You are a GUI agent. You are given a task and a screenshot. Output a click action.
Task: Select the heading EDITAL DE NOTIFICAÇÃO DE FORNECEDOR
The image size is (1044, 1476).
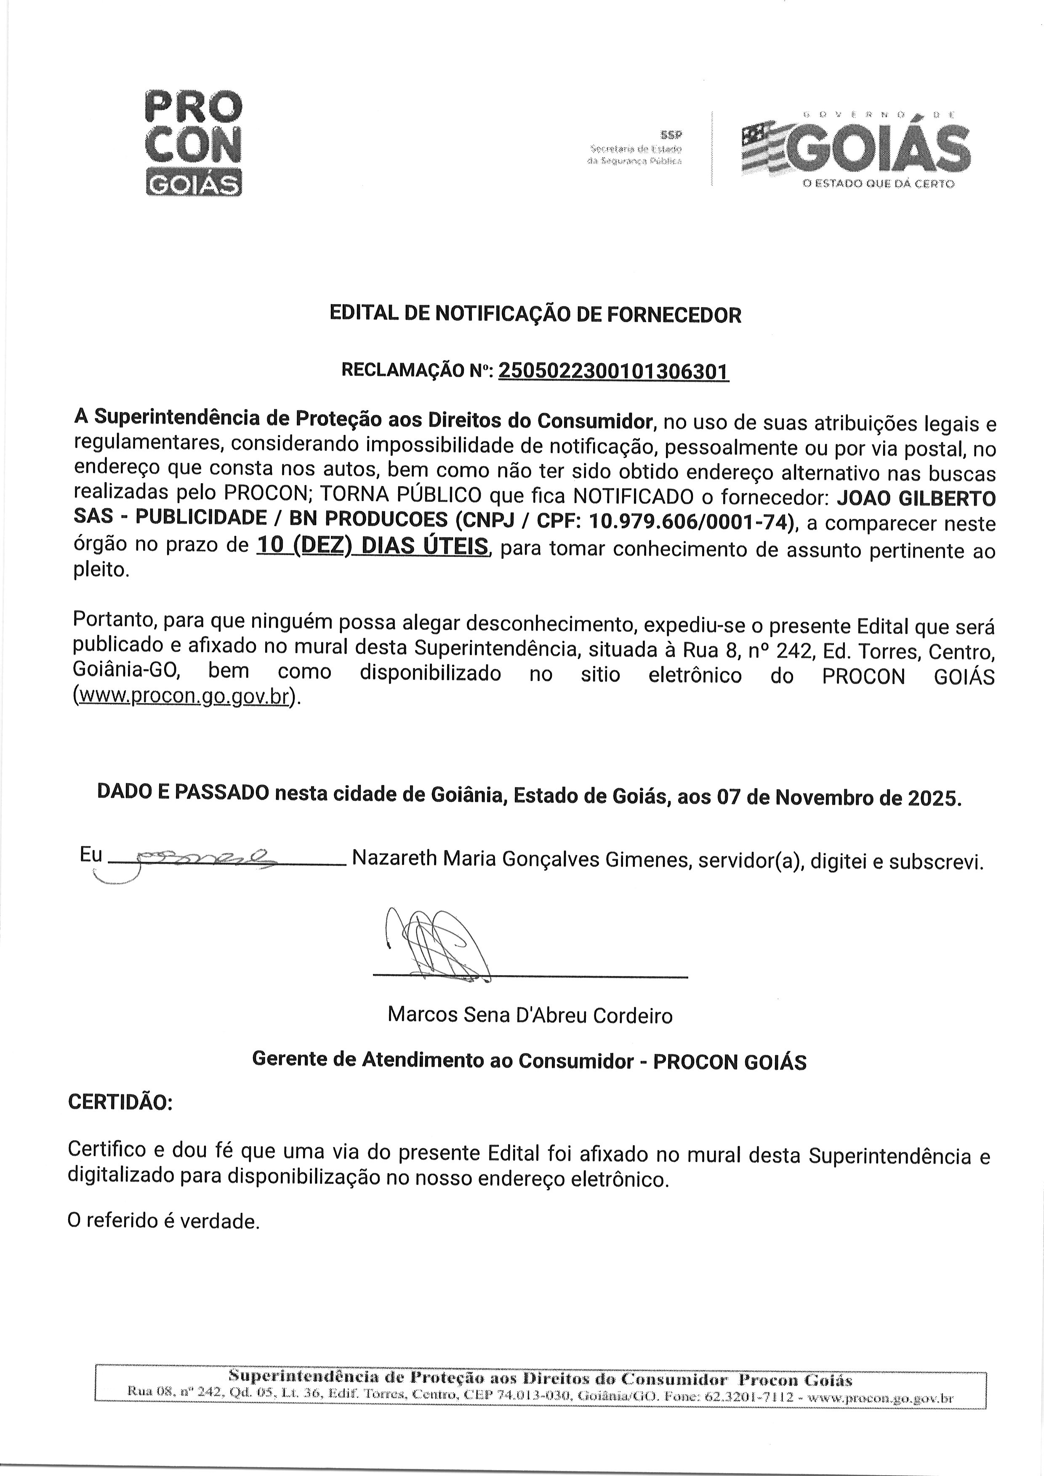[535, 315]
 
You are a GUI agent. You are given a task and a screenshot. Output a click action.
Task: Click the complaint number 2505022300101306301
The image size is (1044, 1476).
[613, 372]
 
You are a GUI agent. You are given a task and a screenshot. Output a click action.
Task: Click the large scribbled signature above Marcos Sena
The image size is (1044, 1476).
[437, 944]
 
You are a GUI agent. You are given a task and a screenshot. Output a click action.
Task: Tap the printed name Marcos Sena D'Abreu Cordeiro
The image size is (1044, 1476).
[530, 1016]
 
